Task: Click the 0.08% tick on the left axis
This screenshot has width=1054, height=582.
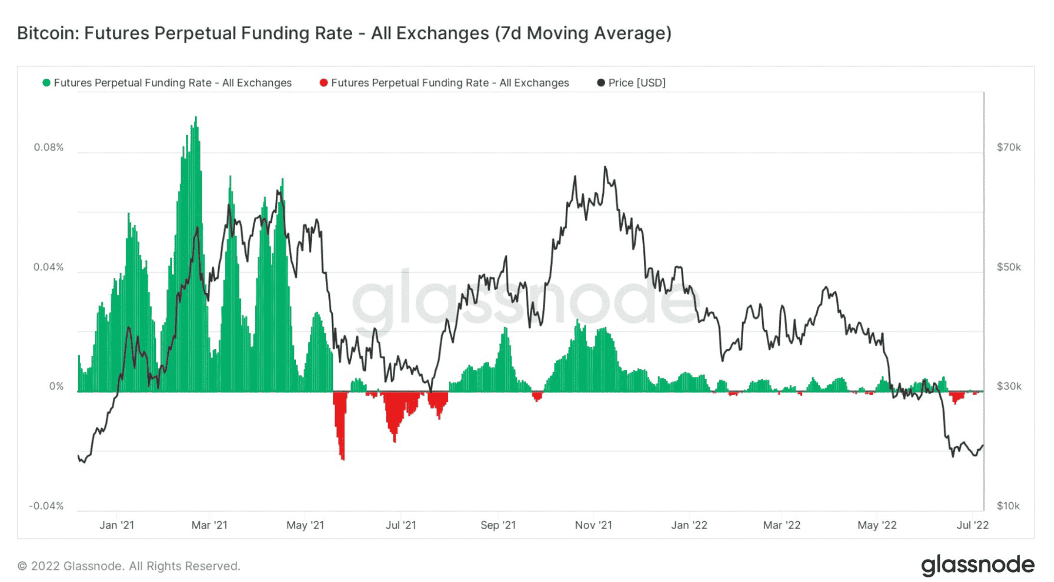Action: click(x=49, y=148)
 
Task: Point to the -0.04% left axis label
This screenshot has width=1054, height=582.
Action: click(x=46, y=506)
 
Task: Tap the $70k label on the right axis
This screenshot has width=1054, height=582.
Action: click(x=1008, y=148)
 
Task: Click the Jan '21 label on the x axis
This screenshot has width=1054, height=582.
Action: click(x=117, y=525)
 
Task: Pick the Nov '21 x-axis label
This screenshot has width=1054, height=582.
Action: click(x=593, y=525)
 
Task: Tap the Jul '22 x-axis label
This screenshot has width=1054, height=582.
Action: click(x=972, y=525)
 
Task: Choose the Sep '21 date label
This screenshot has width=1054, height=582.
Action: click(x=498, y=525)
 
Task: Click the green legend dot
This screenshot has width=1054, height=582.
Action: click(x=46, y=83)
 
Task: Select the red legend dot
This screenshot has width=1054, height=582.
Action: click(x=324, y=83)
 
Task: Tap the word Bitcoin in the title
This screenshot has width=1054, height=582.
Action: click(x=47, y=33)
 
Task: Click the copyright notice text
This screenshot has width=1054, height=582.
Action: click(x=129, y=566)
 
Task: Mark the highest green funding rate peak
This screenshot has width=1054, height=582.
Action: click(x=196, y=118)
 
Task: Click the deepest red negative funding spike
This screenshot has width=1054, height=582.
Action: click(x=343, y=458)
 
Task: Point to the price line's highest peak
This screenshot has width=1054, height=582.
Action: click(x=605, y=167)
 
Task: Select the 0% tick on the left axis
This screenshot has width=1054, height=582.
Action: click(x=56, y=386)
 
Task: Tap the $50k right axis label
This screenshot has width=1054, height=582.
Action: click(x=1008, y=267)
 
